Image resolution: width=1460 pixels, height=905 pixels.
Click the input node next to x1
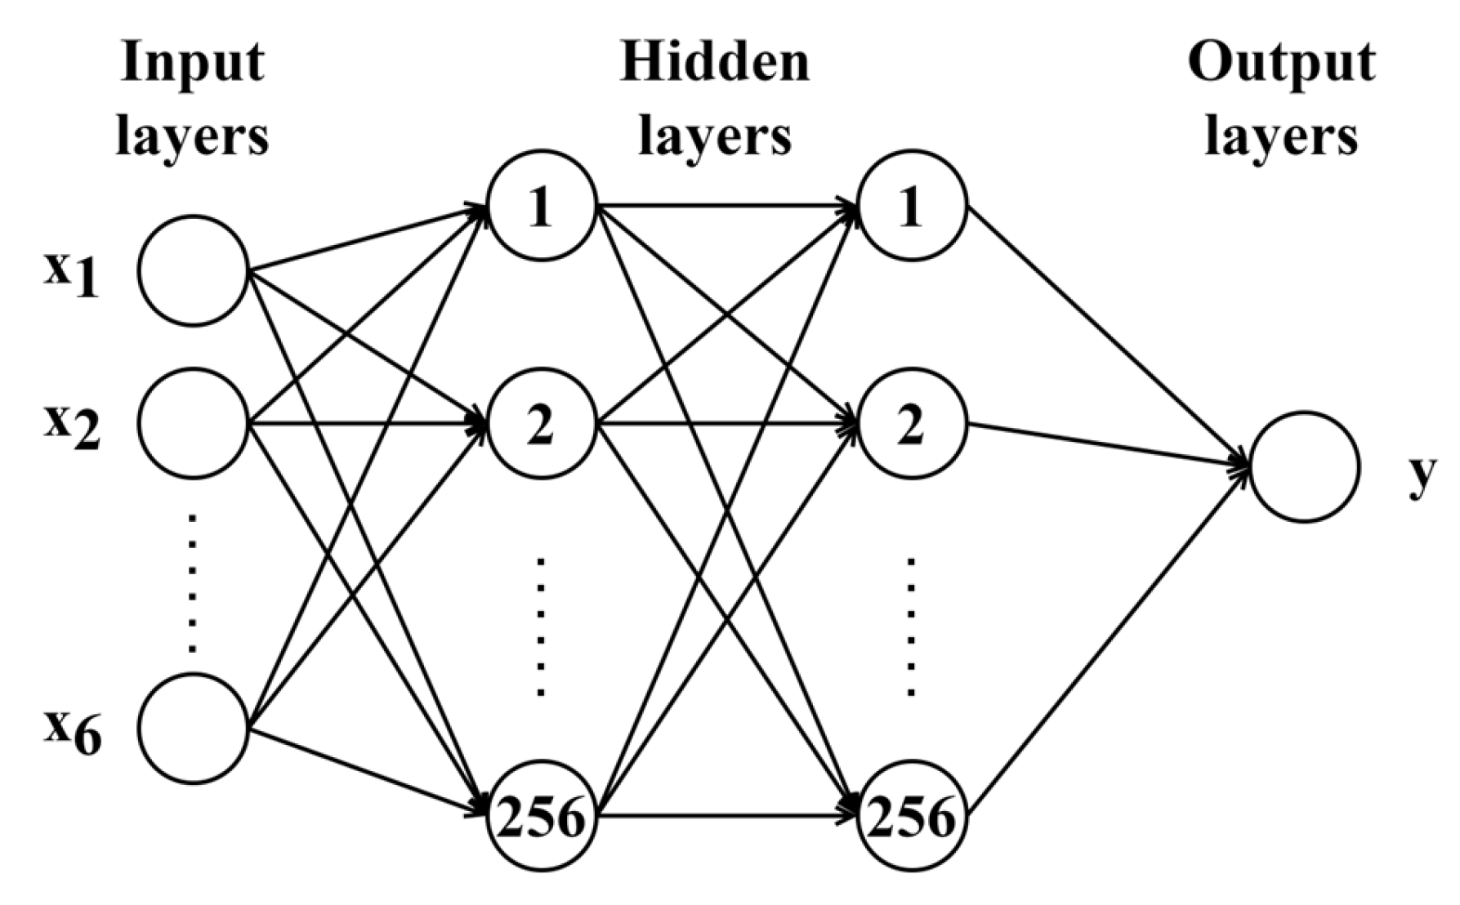193,270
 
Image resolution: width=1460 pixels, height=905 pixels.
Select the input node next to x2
193,423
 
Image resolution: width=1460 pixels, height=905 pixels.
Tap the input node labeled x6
193,729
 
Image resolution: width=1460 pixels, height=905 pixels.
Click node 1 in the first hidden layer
542,206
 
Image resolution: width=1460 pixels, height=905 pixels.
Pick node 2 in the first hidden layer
542,424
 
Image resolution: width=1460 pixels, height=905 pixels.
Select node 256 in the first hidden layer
542,815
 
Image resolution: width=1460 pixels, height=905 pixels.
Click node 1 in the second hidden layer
912,206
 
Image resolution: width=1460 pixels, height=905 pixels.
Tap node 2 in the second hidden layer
912,424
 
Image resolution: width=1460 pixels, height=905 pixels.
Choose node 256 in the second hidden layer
912,815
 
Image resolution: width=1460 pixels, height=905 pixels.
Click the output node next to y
1305,466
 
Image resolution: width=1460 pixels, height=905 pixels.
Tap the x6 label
72,732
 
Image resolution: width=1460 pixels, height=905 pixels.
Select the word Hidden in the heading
715,61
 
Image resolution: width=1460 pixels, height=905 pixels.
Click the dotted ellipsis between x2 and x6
193,583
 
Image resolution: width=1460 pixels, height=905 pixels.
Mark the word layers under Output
1281,136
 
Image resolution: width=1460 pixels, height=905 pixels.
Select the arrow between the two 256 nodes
727,815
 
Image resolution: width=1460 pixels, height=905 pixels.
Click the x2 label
72,427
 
